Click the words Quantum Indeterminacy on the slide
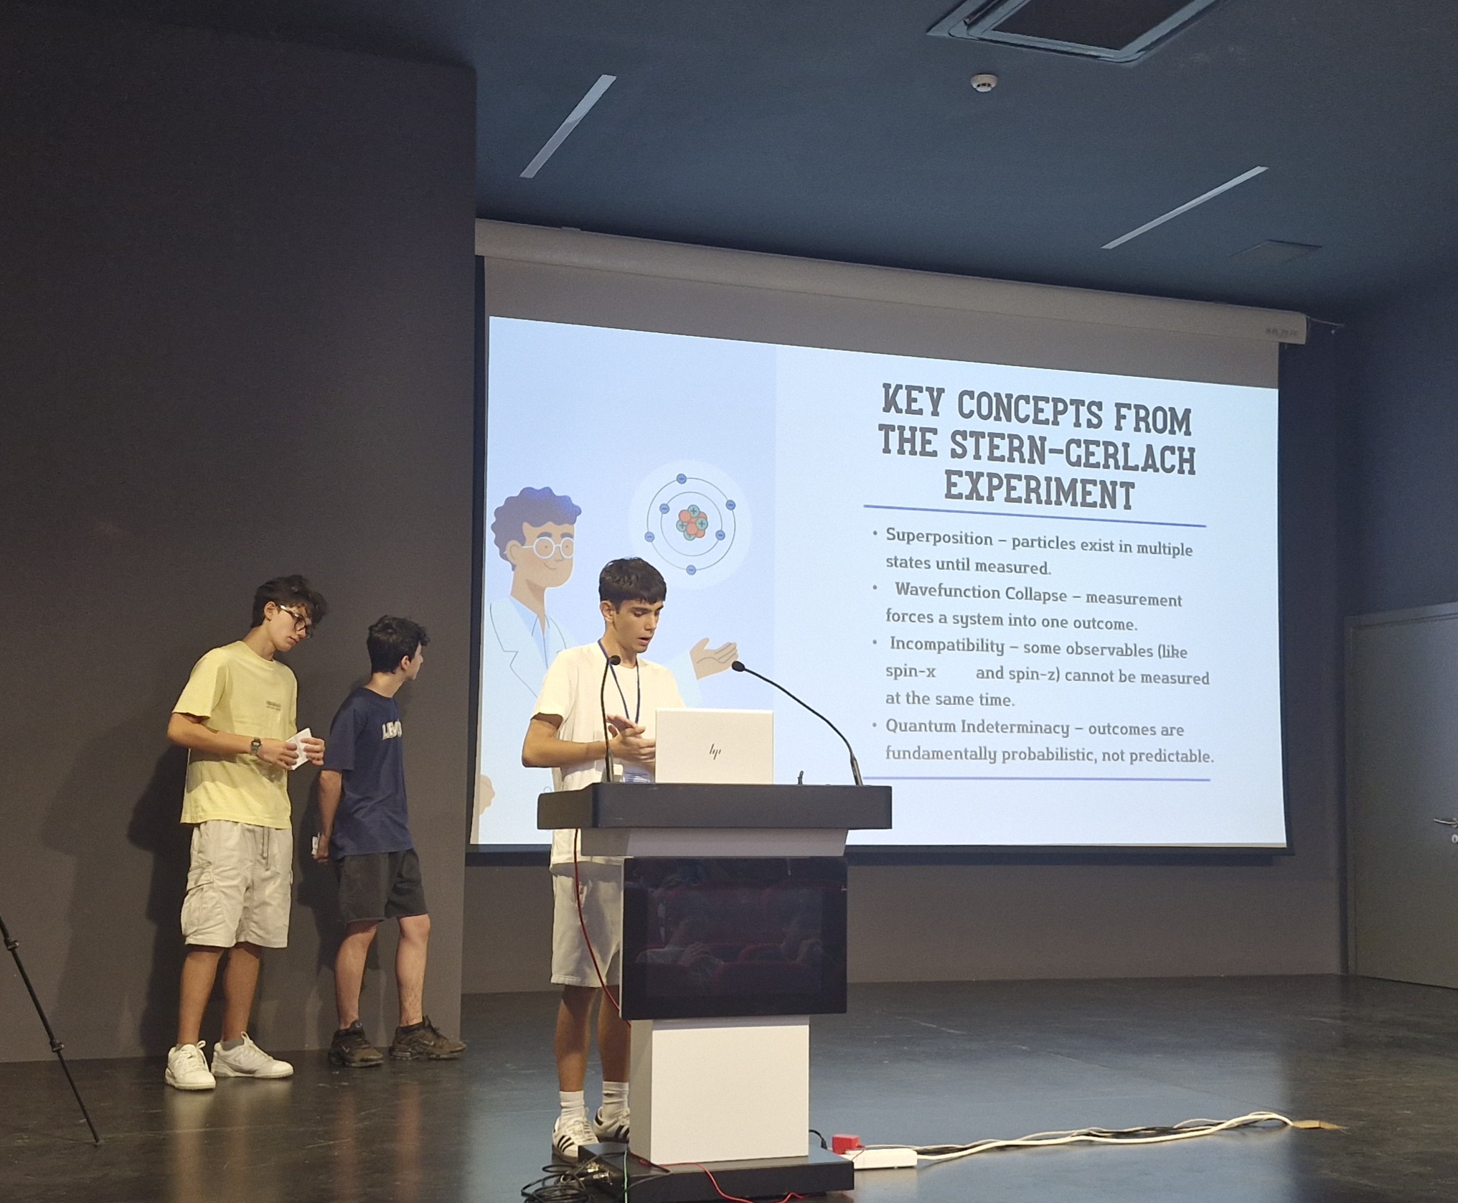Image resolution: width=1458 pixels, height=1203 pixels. pyautogui.click(x=977, y=726)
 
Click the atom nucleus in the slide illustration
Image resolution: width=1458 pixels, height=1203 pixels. pyautogui.click(x=692, y=522)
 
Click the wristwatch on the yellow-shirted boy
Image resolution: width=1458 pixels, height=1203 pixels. pyautogui.click(x=255, y=746)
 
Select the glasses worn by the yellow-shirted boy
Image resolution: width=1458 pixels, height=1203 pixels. pyautogui.click(x=295, y=619)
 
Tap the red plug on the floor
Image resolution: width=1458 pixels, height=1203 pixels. pyautogui.click(x=842, y=1141)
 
